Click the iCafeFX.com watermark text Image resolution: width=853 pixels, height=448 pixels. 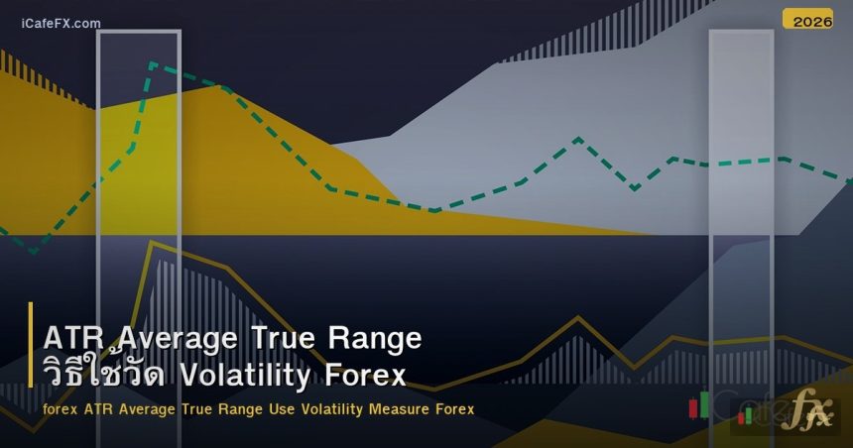coord(61,23)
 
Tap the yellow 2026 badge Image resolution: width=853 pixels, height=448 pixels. coord(807,20)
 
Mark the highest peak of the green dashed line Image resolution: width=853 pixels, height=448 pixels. coord(153,64)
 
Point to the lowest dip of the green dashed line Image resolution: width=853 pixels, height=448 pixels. coord(34,252)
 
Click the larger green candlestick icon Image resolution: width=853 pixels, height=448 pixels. coord(705,402)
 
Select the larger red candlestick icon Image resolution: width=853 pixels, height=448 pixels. coord(693,407)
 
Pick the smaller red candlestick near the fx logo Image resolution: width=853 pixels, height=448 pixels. coord(740,417)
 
